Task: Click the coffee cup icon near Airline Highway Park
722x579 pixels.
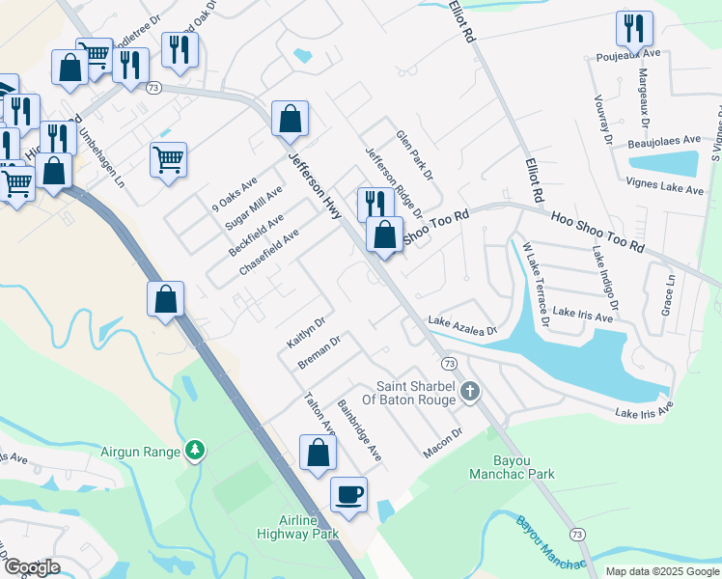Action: (x=348, y=494)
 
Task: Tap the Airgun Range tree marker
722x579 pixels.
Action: (x=195, y=451)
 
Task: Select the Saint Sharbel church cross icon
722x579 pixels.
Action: (x=470, y=391)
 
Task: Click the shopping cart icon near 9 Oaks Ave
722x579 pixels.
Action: (x=168, y=159)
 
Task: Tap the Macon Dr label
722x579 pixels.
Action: (x=443, y=444)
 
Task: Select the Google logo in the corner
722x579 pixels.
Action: (x=31, y=567)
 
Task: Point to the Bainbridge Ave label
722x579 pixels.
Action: (x=359, y=428)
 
